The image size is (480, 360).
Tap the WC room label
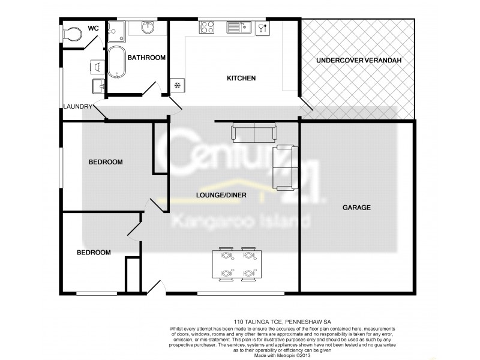[x=94, y=28]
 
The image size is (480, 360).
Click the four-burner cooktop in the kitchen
[x=208, y=27]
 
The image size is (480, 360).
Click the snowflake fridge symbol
[x=178, y=85]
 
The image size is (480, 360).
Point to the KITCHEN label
[x=241, y=79]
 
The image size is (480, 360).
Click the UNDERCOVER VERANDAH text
[x=358, y=61]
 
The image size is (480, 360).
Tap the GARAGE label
[x=356, y=208]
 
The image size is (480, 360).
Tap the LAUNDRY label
[x=78, y=107]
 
